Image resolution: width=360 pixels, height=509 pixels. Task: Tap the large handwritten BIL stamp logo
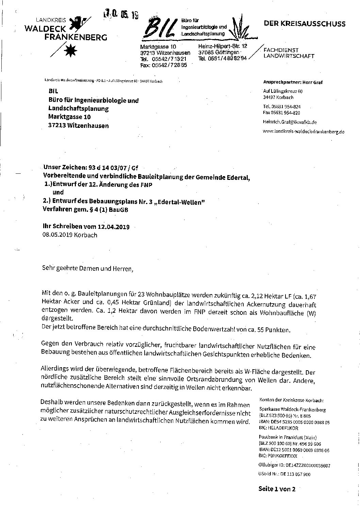tap(160, 27)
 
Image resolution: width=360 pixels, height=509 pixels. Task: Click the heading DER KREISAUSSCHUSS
tap(305, 23)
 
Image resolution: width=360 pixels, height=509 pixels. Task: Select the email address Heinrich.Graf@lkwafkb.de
tap(290, 122)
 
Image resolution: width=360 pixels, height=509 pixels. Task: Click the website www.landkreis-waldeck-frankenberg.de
tap(304, 131)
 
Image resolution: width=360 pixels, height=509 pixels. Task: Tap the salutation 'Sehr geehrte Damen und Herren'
tap(86, 268)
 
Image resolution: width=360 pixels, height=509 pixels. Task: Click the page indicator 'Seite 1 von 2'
tap(277, 489)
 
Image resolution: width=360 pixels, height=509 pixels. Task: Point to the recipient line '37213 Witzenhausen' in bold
tap(78, 125)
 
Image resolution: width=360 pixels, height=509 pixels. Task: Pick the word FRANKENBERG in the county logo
tap(76, 37)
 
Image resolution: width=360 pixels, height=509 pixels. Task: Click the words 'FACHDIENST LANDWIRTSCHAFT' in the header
tap(289, 53)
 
